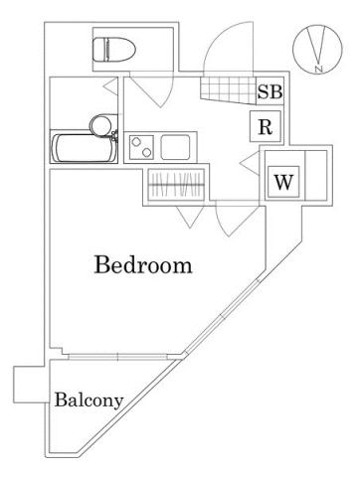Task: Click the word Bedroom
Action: coord(143,266)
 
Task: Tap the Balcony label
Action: coord(89,401)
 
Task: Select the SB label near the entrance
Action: coord(270,92)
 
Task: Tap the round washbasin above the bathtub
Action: coord(99,124)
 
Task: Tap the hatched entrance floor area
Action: coord(226,92)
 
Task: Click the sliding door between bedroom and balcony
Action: coord(119,355)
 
